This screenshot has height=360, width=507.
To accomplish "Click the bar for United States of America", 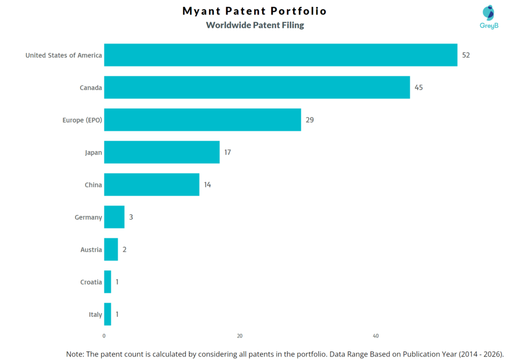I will click(x=280, y=55).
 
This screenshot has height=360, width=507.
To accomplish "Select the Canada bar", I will click(x=256, y=87).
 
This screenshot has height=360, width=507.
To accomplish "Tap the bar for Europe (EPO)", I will click(x=202, y=120).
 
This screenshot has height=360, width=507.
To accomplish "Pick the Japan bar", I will click(x=161, y=152).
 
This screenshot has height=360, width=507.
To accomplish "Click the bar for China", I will click(x=152, y=185).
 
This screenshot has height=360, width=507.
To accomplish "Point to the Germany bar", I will click(x=114, y=217).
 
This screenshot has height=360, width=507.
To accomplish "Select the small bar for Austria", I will click(x=111, y=250).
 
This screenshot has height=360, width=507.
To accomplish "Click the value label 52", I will click(x=465, y=55).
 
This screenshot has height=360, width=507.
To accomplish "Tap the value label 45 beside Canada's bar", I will click(x=418, y=88).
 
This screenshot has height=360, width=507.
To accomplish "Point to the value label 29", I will click(x=309, y=120).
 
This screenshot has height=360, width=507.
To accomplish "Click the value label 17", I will click(x=227, y=152).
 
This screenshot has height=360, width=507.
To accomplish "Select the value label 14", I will click(x=207, y=185).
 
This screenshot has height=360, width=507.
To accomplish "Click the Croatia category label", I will click(x=91, y=282).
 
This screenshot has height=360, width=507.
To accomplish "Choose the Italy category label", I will click(x=96, y=314).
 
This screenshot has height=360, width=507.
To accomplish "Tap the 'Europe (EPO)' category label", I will click(x=82, y=120).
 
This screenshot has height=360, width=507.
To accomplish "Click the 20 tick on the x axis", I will click(x=240, y=336).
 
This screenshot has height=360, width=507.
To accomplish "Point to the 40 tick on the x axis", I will click(x=376, y=336).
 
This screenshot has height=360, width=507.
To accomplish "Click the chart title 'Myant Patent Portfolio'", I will click(x=254, y=11).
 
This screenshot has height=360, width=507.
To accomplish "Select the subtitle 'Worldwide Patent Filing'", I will click(x=255, y=25).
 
